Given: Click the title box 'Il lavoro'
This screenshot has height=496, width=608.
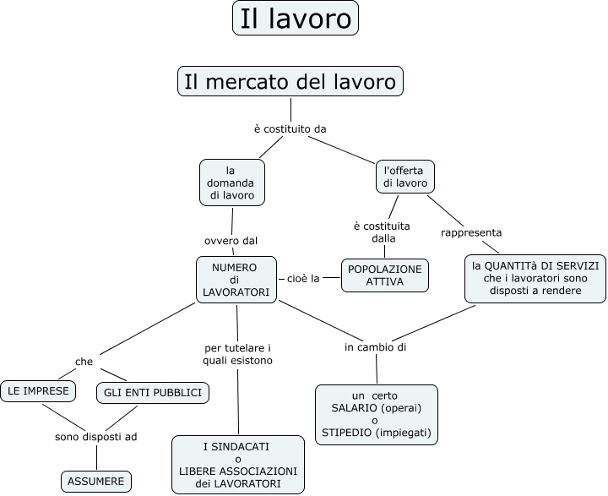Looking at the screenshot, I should [x=295, y=18].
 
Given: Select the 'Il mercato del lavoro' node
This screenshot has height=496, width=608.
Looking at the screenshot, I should [x=290, y=82].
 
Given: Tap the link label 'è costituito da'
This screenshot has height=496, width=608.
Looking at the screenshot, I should [x=290, y=128].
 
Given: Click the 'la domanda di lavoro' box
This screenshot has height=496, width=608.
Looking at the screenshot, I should [x=232, y=183].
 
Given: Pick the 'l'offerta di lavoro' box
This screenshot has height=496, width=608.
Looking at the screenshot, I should [x=404, y=177].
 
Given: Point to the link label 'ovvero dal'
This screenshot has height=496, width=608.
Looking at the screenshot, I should [x=231, y=240].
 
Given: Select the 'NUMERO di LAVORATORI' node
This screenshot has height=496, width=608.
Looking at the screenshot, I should [x=236, y=280].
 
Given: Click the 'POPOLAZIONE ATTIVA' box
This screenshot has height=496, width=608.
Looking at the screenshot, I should [x=384, y=275].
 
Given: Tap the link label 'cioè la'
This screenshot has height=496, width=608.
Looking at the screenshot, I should [x=302, y=277].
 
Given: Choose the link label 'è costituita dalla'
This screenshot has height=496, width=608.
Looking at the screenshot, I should [x=382, y=232].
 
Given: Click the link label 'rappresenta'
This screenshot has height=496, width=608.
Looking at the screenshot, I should [x=471, y=232].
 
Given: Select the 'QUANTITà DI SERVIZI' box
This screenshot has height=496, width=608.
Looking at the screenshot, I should [x=535, y=278].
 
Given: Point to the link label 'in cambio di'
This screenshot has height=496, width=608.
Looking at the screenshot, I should [x=376, y=347].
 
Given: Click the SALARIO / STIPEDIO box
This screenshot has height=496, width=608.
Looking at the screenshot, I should [x=376, y=414].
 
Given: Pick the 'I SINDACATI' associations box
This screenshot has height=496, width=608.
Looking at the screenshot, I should [x=237, y=465].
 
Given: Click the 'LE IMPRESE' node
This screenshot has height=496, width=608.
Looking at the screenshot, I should [x=38, y=391].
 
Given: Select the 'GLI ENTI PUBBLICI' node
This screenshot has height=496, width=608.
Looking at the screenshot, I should [x=152, y=393].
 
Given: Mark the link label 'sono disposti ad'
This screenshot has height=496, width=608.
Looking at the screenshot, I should [x=95, y=437].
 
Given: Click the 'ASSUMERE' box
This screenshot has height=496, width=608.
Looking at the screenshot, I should [x=96, y=482].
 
